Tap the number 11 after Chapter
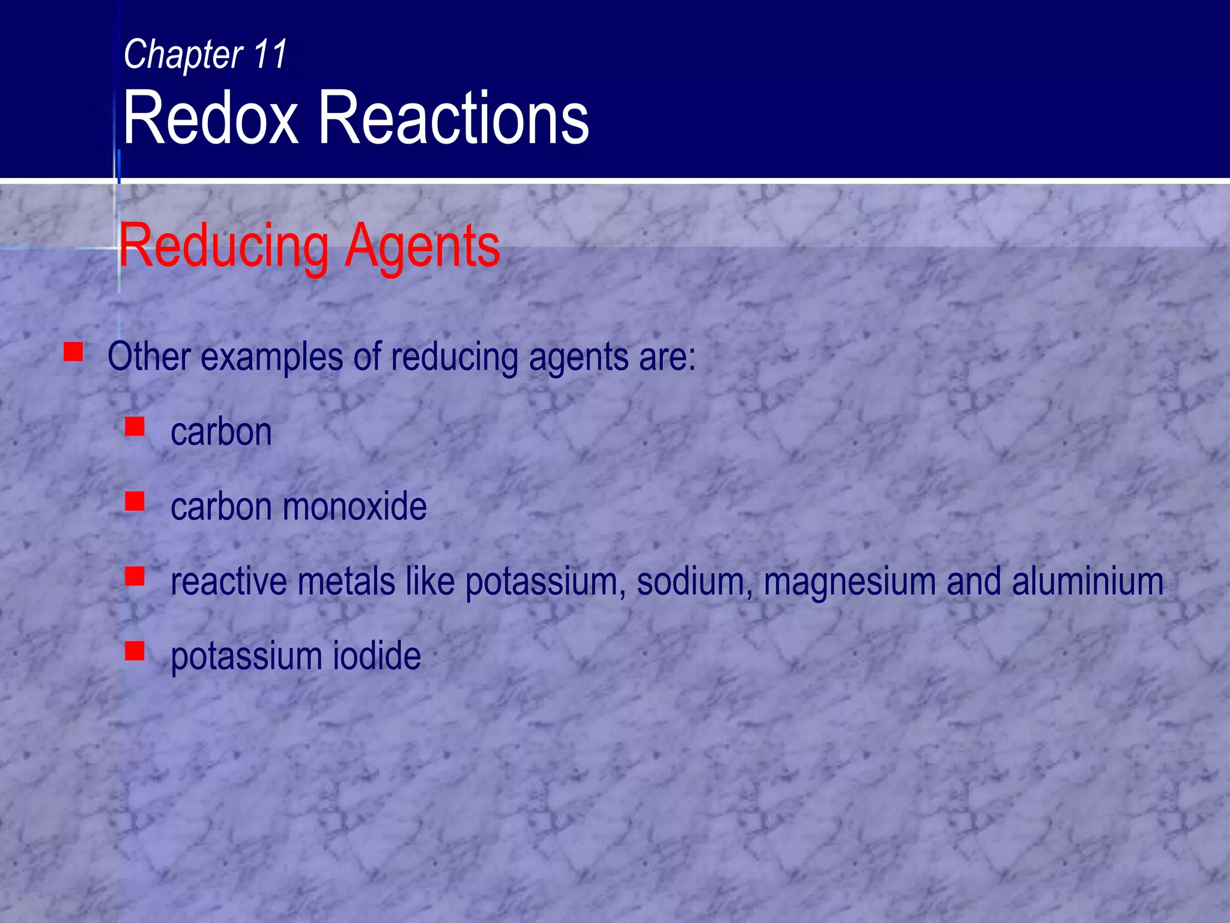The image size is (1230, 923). (x=270, y=54)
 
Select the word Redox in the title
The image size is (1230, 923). (x=211, y=118)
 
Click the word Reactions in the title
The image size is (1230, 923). (x=453, y=118)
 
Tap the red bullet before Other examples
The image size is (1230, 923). (x=73, y=352)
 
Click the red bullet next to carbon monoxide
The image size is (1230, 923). (x=135, y=501)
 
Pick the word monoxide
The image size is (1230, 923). (x=354, y=506)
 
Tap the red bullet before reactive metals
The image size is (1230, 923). (x=135, y=576)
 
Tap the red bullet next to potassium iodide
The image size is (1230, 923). (x=135, y=651)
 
